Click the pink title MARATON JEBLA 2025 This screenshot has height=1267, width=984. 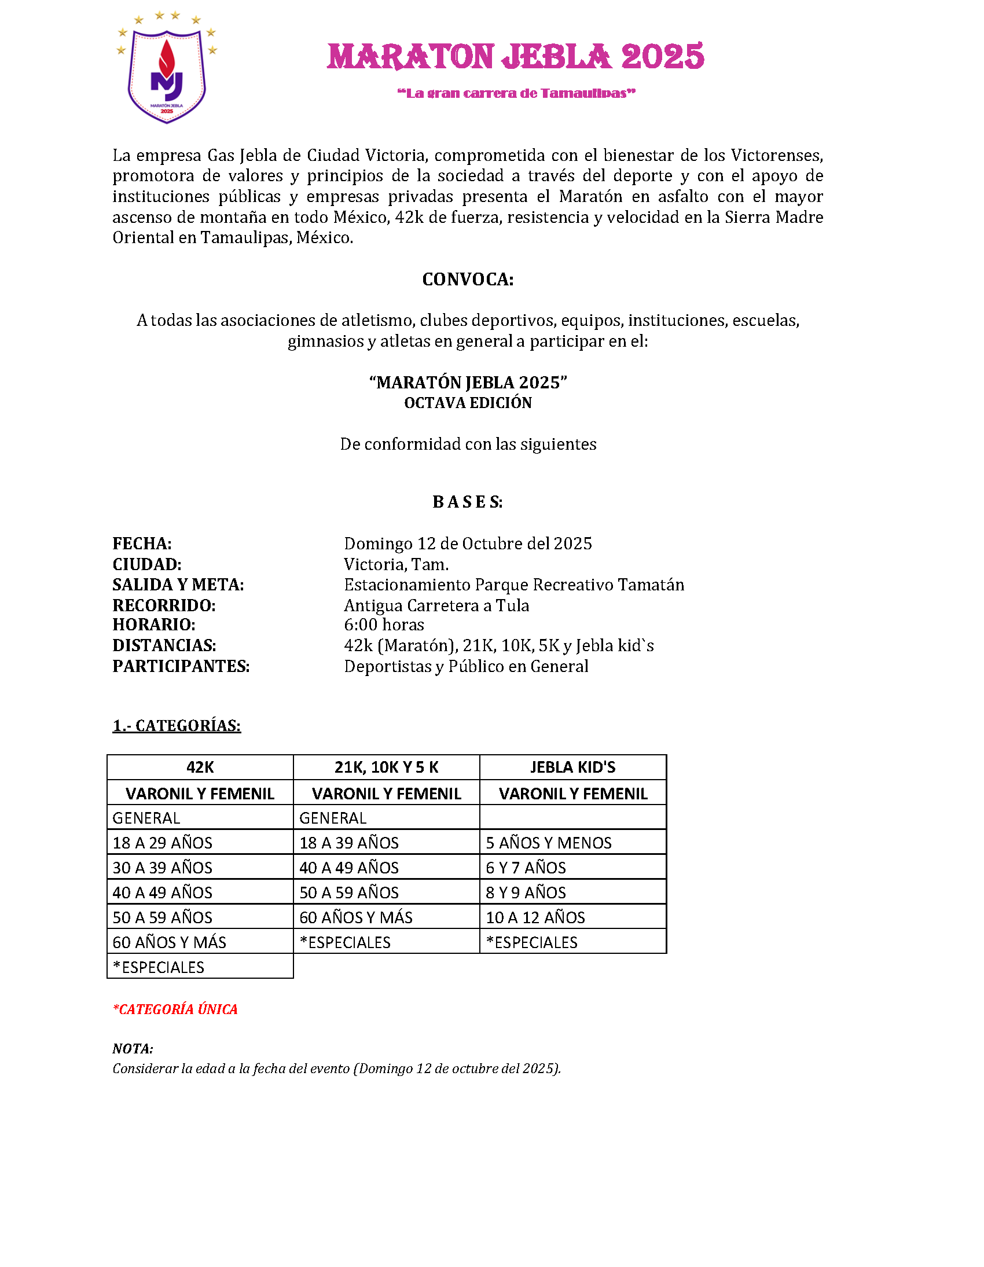tap(515, 57)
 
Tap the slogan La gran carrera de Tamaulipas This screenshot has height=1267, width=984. tap(516, 93)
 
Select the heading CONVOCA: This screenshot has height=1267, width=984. tap(468, 280)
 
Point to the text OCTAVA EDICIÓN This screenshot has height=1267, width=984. tap(468, 403)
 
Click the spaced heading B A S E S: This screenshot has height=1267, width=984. tap(468, 502)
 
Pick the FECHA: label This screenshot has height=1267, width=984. tap(142, 543)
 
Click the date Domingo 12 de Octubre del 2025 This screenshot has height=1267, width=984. tap(468, 543)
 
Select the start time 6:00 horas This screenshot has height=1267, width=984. tap(384, 625)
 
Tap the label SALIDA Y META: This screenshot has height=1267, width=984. tap(178, 585)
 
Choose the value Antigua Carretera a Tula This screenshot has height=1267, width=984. tap(436, 605)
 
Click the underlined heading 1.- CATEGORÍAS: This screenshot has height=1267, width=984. tap(177, 726)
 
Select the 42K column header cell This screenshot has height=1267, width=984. tap(200, 767)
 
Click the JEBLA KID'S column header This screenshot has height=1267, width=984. tap(572, 767)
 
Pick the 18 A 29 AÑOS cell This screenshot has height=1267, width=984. tap(163, 843)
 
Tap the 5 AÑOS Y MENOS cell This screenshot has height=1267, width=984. tap(549, 843)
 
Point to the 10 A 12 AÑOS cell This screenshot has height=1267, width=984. tap(535, 917)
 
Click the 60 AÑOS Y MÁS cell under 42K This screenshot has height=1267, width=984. tap(170, 942)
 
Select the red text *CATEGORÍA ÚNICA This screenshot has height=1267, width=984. tap(175, 1009)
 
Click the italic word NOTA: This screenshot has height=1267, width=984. tap(133, 1049)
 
